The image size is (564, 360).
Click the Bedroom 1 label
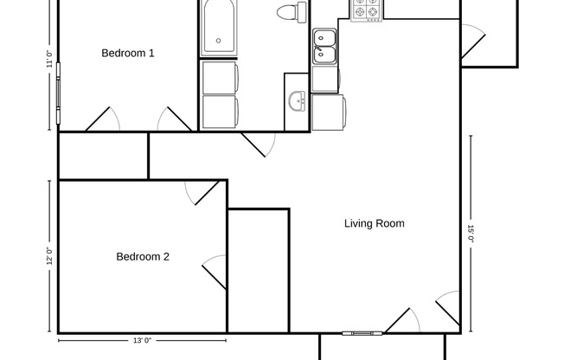[x=128, y=54]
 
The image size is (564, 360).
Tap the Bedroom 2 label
[x=143, y=257]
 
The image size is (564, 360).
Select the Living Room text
[x=375, y=224]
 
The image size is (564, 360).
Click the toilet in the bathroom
[x=291, y=13]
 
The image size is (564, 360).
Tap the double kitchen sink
[x=325, y=46]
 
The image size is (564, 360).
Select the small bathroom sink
[x=298, y=102]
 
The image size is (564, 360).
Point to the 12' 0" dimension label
[x=49, y=256]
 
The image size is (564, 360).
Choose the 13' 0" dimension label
[x=143, y=341]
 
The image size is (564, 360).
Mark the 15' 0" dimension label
[x=471, y=234]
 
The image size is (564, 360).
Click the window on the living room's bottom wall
[x=361, y=332]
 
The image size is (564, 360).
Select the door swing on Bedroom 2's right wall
[x=214, y=273]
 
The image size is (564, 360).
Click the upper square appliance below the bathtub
[x=220, y=75]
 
